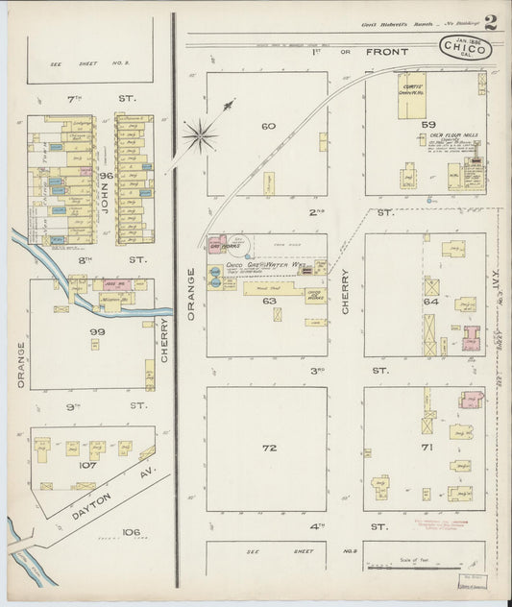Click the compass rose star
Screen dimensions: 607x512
click(200, 135)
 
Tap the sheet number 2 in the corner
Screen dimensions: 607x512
click(490, 22)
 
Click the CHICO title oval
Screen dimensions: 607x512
click(466, 48)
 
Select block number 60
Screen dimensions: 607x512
click(268, 125)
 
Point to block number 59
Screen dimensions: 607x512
click(428, 125)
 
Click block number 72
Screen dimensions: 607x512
click(269, 449)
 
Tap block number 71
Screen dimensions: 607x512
click(428, 449)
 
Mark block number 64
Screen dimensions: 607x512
click(429, 303)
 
